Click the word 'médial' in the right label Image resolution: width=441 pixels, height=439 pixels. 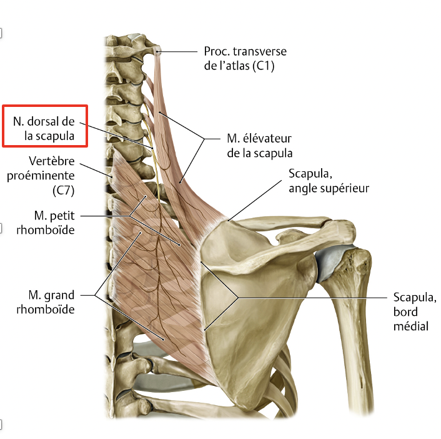(411, 325)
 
